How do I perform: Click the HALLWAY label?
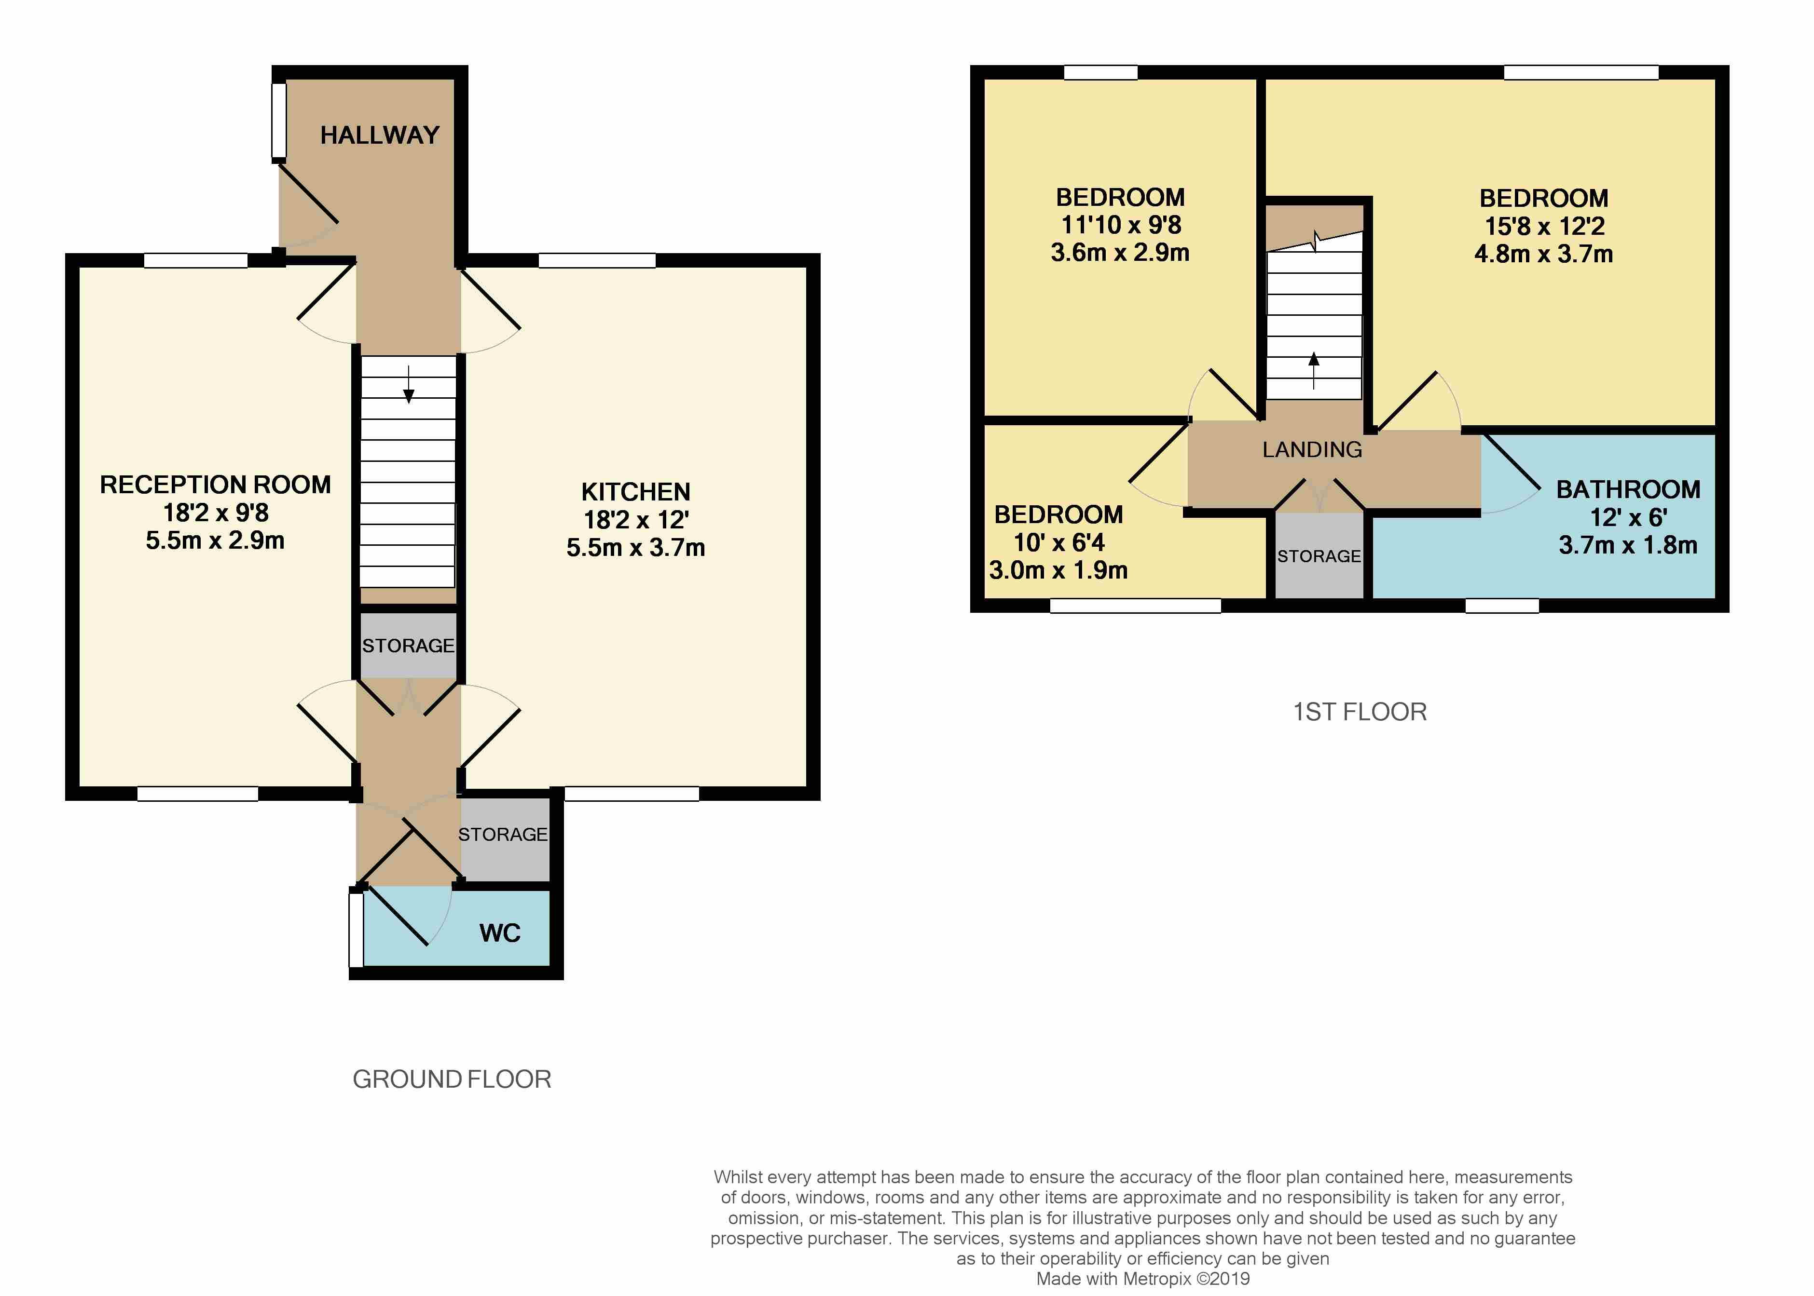pyautogui.click(x=380, y=135)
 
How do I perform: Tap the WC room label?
pyautogui.click(x=500, y=933)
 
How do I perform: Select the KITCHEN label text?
pyautogui.click(x=635, y=492)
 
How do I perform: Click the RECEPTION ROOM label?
pyautogui.click(x=215, y=485)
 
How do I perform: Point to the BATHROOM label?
pyautogui.click(x=1628, y=489)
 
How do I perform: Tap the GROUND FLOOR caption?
pyautogui.click(x=452, y=1079)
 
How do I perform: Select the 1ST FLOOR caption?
pyautogui.click(x=1360, y=712)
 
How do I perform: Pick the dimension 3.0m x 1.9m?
pyautogui.click(x=1058, y=570)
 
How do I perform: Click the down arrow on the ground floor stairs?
pyautogui.click(x=409, y=384)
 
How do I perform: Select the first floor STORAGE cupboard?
pyautogui.click(x=1319, y=555)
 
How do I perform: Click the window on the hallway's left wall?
pyautogui.click(x=279, y=121)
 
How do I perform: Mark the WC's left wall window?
pyautogui.click(x=356, y=930)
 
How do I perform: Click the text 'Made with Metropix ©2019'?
pyautogui.click(x=1142, y=1279)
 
